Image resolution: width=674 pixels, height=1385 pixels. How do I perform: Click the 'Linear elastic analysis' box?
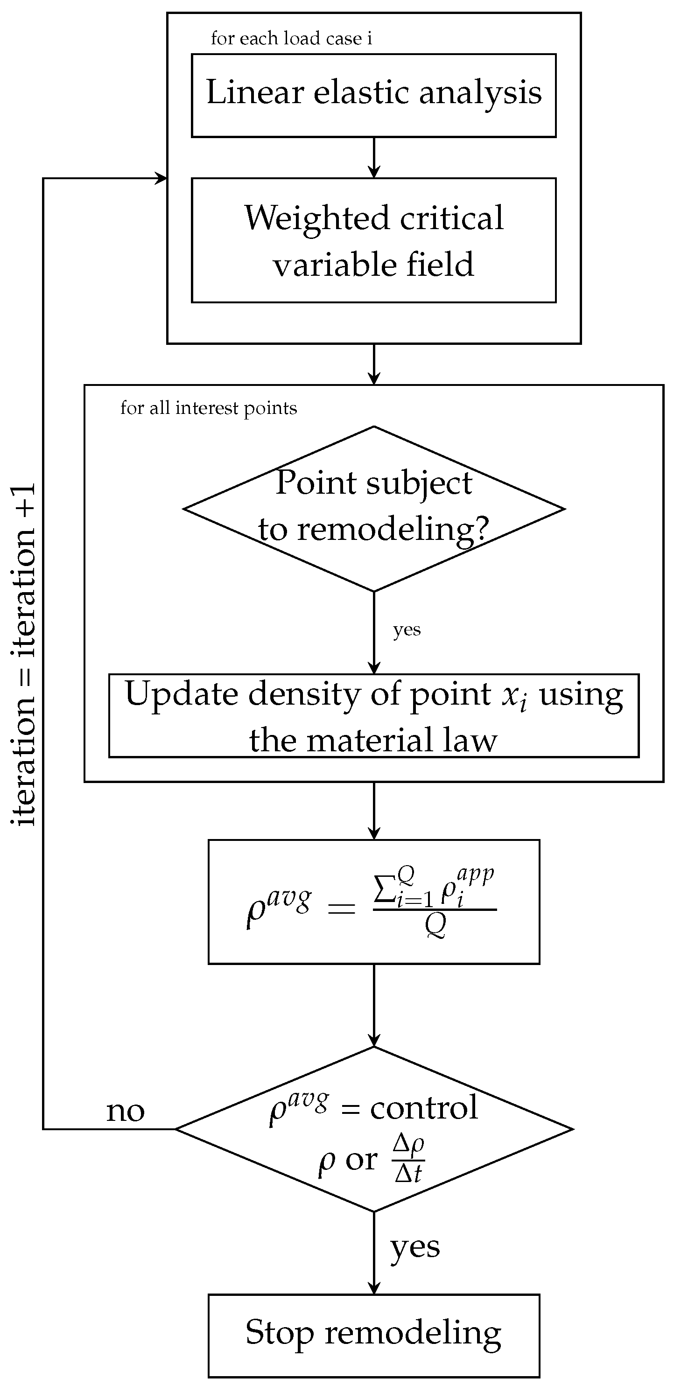[373, 95]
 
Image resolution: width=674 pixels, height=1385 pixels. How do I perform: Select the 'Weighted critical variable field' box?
[373, 240]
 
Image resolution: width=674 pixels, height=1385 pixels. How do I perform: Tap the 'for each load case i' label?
[291, 39]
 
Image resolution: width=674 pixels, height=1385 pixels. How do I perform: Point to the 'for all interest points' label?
[208, 408]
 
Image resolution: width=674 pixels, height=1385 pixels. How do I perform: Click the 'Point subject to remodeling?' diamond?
[373, 508]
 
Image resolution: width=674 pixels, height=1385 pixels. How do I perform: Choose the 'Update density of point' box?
[373, 716]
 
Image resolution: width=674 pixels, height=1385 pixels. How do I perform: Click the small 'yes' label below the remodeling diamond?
[407, 630]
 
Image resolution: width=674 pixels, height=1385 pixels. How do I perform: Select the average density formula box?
[373, 902]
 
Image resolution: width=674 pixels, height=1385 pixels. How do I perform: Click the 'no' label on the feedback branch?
[126, 1112]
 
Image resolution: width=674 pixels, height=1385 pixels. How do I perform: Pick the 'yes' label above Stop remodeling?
[415, 1247]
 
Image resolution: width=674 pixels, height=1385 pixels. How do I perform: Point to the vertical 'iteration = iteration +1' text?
[23, 653]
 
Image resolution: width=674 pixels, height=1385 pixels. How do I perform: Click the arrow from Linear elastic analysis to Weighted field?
[373, 158]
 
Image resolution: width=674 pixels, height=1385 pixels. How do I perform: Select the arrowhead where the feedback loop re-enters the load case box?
[161, 179]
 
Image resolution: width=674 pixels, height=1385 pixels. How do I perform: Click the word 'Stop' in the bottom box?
[279, 1333]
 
